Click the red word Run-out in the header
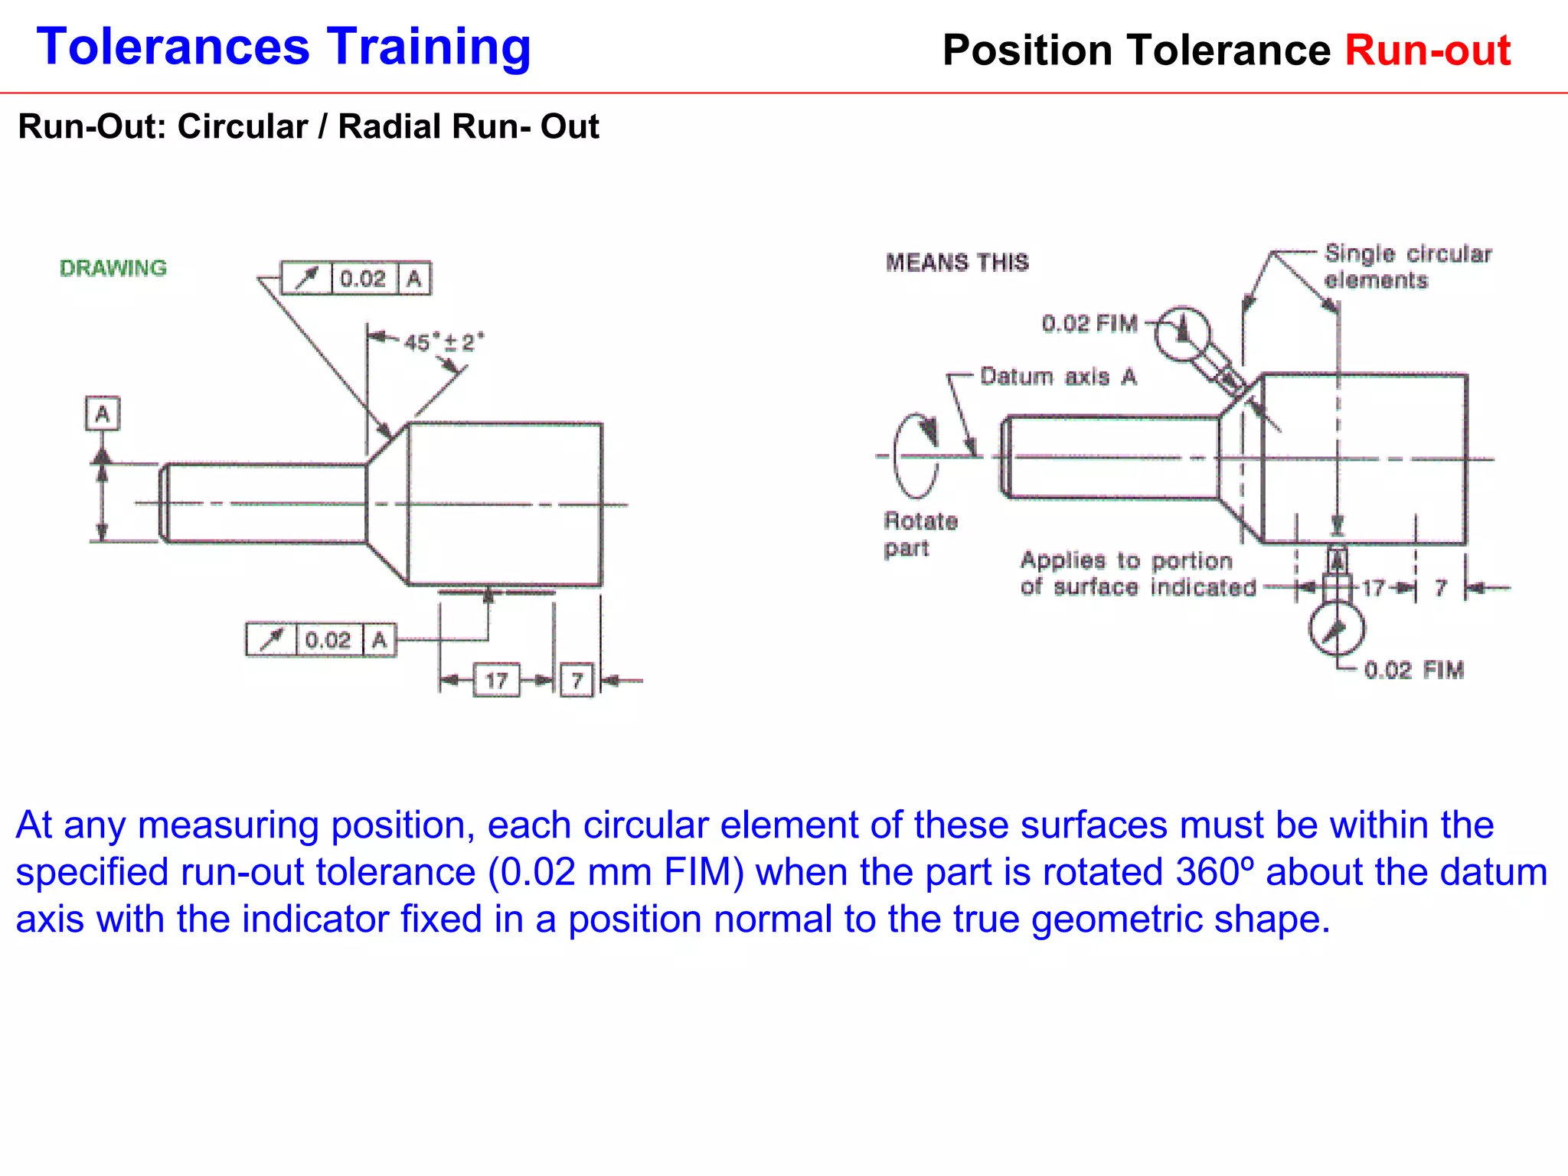1427,51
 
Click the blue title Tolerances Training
283,47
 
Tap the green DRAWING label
113,268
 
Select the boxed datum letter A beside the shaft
102,414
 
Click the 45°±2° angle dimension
443,341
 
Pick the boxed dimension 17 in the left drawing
496,680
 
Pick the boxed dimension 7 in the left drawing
577,680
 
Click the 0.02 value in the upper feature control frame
363,279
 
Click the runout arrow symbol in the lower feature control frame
270,640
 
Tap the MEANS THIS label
957,263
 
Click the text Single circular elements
1407,266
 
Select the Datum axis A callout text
1058,377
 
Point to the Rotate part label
920,534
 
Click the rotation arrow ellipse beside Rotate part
916,456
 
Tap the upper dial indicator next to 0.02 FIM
1182,333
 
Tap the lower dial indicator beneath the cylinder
1336,628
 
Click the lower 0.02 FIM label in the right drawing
1413,670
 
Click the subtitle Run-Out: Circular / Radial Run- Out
308,126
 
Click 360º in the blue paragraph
1215,872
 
